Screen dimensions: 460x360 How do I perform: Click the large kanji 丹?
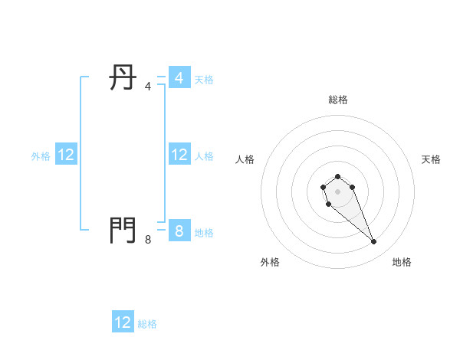pyautogui.click(x=123, y=77)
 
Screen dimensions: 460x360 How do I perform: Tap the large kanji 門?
pyautogui.click(x=123, y=230)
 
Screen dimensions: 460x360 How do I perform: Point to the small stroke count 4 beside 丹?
pyautogui.click(x=148, y=87)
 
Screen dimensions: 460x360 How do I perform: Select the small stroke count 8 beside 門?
pyautogui.click(x=148, y=239)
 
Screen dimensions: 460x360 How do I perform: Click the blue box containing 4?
pyautogui.click(x=179, y=78)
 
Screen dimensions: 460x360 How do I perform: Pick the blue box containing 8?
pyautogui.click(x=179, y=231)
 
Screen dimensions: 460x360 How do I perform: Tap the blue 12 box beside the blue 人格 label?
pyautogui.click(x=179, y=155)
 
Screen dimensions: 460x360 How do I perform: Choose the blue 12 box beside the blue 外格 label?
pyautogui.click(x=66, y=155)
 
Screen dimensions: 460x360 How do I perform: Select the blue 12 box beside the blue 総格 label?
pyautogui.click(x=123, y=322)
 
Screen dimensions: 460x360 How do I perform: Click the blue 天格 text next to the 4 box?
pyautogui.click(x=204, y=80)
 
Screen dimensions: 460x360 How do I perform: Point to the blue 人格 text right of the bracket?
pyautogui.click(x=204, y=156)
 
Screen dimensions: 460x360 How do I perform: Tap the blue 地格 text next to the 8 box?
pyautogui.click(x=204, y=232)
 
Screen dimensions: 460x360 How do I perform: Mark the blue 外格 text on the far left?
pyautogui.click(x=41, y=156)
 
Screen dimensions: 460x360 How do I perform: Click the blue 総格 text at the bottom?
pyautogui.click(x=147, y=324)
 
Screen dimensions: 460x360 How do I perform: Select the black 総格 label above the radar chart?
pyautogui.click(x=337, y=100)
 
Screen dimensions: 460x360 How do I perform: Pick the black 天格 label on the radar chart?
pyautogui.click(x=431, y=159)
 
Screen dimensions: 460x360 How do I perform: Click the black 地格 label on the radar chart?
pyautogui.click(x=402, y=262)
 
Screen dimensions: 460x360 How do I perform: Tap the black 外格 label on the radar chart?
pyautogui.click(x=270, y=262)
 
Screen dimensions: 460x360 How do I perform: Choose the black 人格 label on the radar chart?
pyautogui.click(x=245, y=159)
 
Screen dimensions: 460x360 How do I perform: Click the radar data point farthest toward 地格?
pyautogui.click(x=374, y=242)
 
